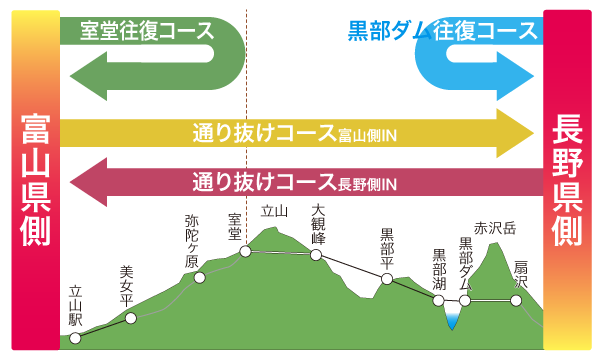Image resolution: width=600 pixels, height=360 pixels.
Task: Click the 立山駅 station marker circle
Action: tap(76, 338)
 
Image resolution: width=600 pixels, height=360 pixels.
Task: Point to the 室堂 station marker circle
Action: tap(245, 252)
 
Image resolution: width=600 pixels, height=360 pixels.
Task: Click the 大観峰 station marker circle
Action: tap(316, 255)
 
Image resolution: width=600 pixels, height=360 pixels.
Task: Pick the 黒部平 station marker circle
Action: tap(384, 278)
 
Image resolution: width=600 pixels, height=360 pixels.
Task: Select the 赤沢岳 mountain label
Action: tap(495, 227)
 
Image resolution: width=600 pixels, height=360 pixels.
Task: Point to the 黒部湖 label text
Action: tap(439, 269)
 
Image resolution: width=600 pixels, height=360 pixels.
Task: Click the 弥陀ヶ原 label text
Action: tap(193, 241)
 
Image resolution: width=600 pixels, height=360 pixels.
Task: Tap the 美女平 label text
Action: tap(126, 284)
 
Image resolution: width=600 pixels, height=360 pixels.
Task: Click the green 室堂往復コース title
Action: tap(147, 30)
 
